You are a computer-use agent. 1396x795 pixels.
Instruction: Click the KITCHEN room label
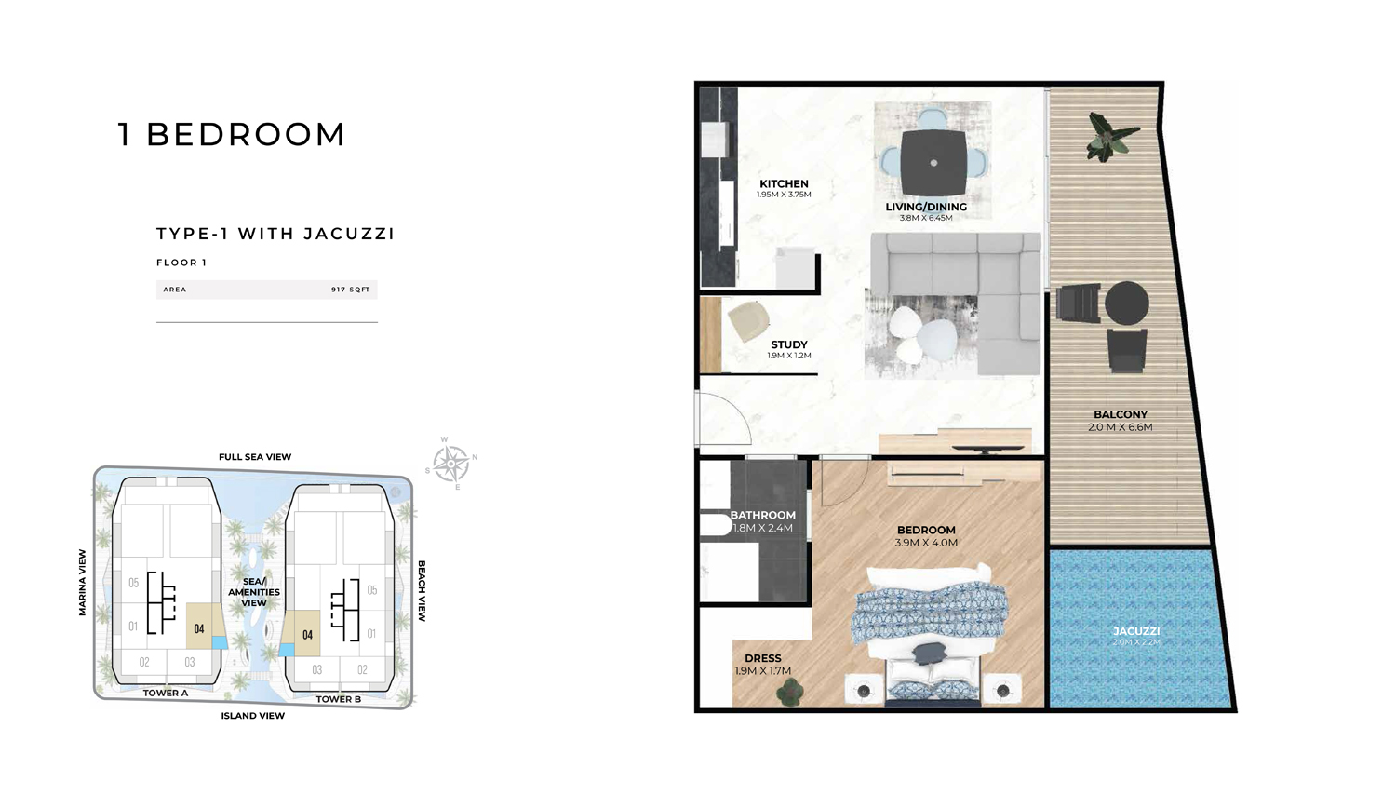pos(784,184)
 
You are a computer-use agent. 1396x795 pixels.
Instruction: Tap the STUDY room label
pos(788,344)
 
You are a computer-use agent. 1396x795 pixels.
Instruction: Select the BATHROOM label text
pos(762,515)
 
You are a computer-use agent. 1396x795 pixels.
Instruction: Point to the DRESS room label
pos(762,658)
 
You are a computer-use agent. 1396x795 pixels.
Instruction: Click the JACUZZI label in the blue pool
pos(1135,631)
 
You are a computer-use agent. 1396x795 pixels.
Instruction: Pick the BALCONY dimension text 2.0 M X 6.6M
pos(1120,427)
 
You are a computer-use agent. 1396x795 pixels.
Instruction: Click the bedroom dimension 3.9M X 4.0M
pos(925,543)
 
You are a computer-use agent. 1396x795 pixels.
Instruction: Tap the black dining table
pos(933,162)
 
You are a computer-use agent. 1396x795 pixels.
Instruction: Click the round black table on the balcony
pos(1126,303)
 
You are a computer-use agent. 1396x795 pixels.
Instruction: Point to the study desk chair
pos(748,321)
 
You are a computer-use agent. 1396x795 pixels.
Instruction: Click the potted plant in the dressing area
pos(791,691)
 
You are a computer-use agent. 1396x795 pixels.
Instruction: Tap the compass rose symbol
pos(451,462)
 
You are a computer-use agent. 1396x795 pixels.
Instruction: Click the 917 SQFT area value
pos(350,290)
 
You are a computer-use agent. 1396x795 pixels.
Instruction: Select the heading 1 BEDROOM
pos(232,134)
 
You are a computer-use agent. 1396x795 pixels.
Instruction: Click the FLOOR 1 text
pos(181,263)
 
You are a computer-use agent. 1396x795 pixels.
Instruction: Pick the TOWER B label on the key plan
pos(338,699)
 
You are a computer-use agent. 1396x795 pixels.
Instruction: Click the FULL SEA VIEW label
pos(255,457)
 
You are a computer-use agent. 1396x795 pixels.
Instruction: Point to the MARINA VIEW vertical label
pos(82,582)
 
